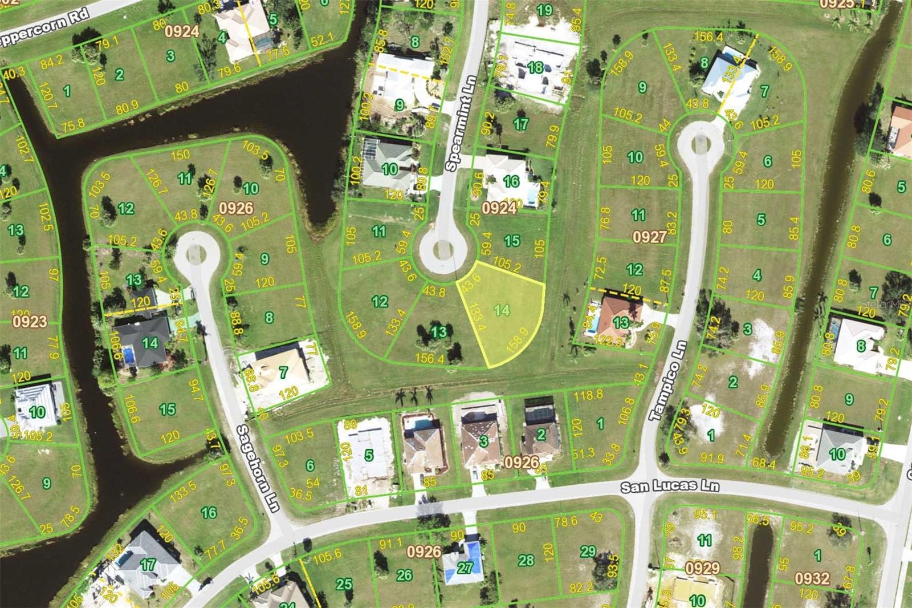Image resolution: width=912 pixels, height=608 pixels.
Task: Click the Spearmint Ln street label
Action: [460, 124]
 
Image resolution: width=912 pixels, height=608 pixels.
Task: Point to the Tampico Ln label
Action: [667, 380]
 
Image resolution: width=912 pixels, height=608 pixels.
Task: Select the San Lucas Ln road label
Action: [669, 486]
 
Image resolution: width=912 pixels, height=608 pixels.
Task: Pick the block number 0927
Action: [649, 236]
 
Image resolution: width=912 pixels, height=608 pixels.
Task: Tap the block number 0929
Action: [702, 568]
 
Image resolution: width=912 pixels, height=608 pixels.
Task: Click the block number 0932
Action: [812, 578]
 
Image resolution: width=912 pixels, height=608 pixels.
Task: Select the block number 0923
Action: [30, 322]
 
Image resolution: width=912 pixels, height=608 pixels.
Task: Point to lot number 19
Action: [544, 10]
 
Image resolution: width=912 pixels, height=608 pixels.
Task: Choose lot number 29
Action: [588, 551]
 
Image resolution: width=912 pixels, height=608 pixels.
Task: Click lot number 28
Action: [526, 561]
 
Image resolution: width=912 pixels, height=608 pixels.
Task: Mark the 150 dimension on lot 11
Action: [180, 155]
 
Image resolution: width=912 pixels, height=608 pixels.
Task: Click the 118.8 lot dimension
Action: [588, 395]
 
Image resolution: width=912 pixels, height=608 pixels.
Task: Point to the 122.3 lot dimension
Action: [608, 341]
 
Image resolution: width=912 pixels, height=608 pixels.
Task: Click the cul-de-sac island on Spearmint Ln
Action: [443, 249]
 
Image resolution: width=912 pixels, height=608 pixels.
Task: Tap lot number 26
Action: [404, 575]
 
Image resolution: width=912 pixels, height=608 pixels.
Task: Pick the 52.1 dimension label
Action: [321, 39]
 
